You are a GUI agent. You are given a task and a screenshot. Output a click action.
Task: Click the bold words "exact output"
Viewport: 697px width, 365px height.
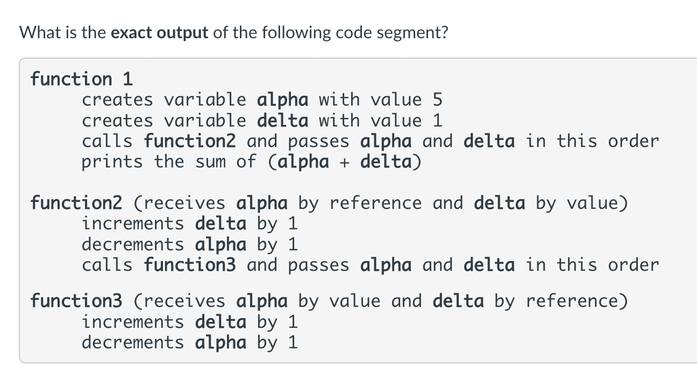[159, 33]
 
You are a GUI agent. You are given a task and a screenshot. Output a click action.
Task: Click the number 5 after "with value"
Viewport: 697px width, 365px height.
[437, 100]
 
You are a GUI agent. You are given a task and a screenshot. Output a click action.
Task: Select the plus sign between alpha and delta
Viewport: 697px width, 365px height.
[344, 162]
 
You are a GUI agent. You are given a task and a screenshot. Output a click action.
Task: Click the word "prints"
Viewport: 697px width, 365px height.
[112, 162]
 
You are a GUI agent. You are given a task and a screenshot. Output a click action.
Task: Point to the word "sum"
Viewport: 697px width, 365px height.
[210, 162]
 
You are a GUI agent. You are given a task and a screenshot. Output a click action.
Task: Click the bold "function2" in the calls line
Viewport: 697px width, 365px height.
[190, 141]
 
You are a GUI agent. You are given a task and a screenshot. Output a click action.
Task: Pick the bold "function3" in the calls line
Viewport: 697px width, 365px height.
[190, 265]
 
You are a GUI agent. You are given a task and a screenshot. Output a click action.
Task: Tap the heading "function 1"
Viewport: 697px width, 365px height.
[82, 79]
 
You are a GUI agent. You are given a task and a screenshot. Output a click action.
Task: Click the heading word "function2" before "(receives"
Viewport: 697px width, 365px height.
[76, 203]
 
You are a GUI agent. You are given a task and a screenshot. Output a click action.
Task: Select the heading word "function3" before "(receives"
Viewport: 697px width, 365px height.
[76, 301]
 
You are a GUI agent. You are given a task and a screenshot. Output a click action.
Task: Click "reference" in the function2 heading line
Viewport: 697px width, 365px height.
[375, 203]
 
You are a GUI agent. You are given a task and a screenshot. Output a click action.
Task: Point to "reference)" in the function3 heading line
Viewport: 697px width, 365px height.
[577, 301]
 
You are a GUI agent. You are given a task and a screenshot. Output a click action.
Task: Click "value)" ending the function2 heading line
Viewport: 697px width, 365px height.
[598, 203]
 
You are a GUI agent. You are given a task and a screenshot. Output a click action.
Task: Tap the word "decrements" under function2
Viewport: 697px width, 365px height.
[133, 244]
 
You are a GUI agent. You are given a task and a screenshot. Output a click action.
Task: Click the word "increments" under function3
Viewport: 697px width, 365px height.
[133, 322]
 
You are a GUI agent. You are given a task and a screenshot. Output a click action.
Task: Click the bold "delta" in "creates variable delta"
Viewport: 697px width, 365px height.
[282, 121]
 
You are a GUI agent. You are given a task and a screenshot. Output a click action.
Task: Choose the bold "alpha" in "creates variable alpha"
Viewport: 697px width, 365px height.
[282, 100]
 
